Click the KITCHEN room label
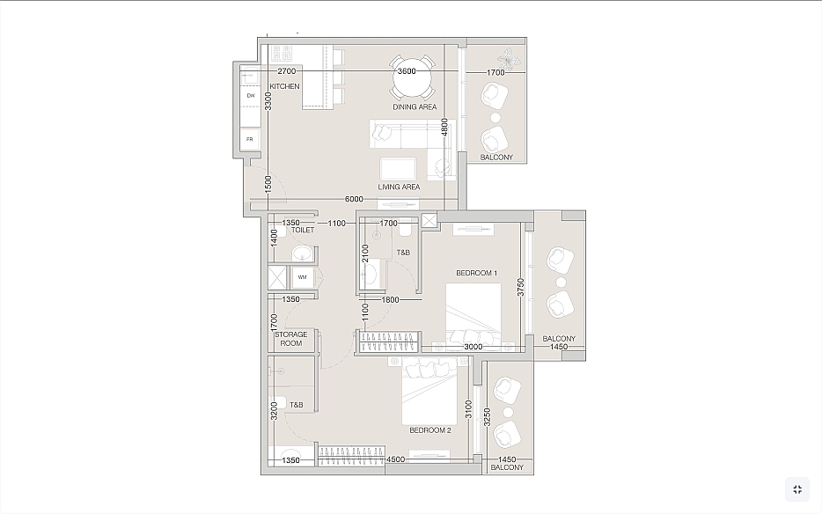tap(284, 86)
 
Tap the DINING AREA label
tap(415, 107)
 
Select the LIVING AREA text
tap(399, 187)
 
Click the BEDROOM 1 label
tap(476, 273)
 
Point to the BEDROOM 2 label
tap(430, 430)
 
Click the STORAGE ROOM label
tap(291, 339)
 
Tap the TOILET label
tap(303, 230)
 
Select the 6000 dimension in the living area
tap(354, 199)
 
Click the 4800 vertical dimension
tap(444, 128)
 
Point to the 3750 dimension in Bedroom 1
tap(520, 287)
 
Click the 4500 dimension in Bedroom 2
tap(396, 459)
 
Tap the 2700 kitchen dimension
tap(287, 71)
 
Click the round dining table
tap(413, 78)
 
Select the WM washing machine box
tap(303, 277)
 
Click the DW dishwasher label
tap(251, 96)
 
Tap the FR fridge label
tap(250, 140)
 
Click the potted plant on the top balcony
tap(509, 57)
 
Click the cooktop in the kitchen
tap(282, 53)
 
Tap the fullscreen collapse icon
tap(797, 489)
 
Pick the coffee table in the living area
tap(399, 169)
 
